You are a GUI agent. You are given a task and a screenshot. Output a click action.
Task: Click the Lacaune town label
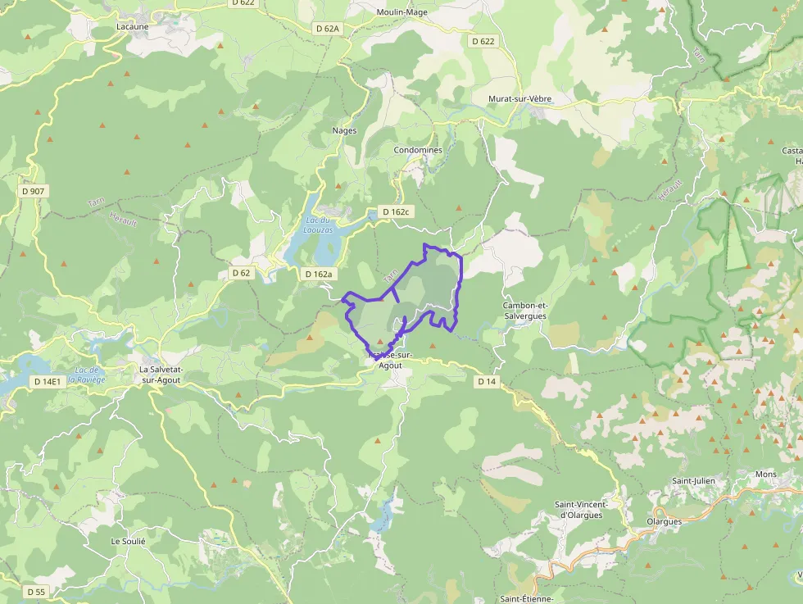[x=133, y=26]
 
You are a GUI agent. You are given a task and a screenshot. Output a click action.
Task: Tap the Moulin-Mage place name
[x=402, y=12]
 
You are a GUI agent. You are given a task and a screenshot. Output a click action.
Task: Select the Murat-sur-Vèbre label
[x=519, y=99]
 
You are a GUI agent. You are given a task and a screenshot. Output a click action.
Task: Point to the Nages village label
[x=344, y=130]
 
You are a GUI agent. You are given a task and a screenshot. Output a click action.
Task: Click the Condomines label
[x=418, y=150]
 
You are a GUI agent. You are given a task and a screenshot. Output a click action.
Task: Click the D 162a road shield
[x=318, y=274]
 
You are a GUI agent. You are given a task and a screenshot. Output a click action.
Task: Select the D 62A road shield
[x=327, y=29]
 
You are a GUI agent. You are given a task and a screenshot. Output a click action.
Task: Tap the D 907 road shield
[x=34, y=191]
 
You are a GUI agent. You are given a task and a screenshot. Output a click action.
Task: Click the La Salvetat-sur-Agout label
[x=160, y=375]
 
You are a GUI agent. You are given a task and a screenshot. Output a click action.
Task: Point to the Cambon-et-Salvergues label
[x=524, y=311]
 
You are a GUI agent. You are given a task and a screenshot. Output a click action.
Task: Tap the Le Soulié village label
[x=128, y=542]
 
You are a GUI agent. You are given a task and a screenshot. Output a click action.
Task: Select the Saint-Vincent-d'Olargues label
[x=579, y=510]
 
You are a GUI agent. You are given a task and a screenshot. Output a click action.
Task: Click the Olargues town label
[x=664, y=521]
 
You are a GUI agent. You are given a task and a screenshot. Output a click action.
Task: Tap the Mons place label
[x=765, y=475]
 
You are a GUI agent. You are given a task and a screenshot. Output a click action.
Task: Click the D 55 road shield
[x=35, y=592]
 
